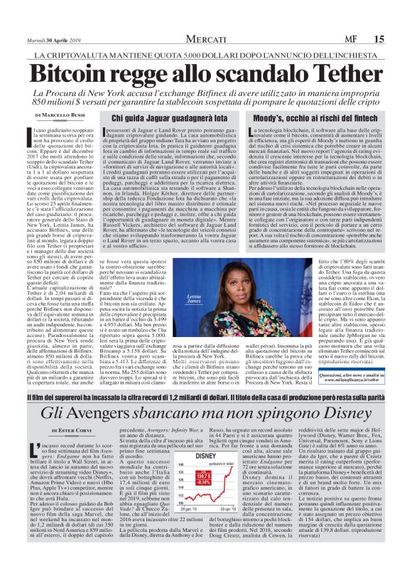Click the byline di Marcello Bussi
63,114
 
